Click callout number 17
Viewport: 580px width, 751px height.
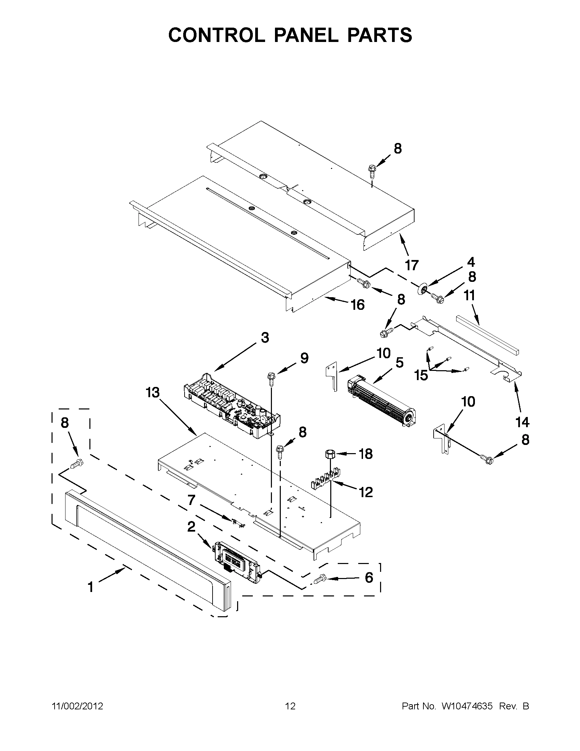click(411, 265)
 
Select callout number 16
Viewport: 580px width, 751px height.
click(358, 305)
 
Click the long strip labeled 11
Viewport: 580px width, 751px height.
click(488, 335)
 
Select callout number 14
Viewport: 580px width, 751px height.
click(522, 422)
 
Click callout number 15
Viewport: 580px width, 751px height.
click(421, 375)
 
